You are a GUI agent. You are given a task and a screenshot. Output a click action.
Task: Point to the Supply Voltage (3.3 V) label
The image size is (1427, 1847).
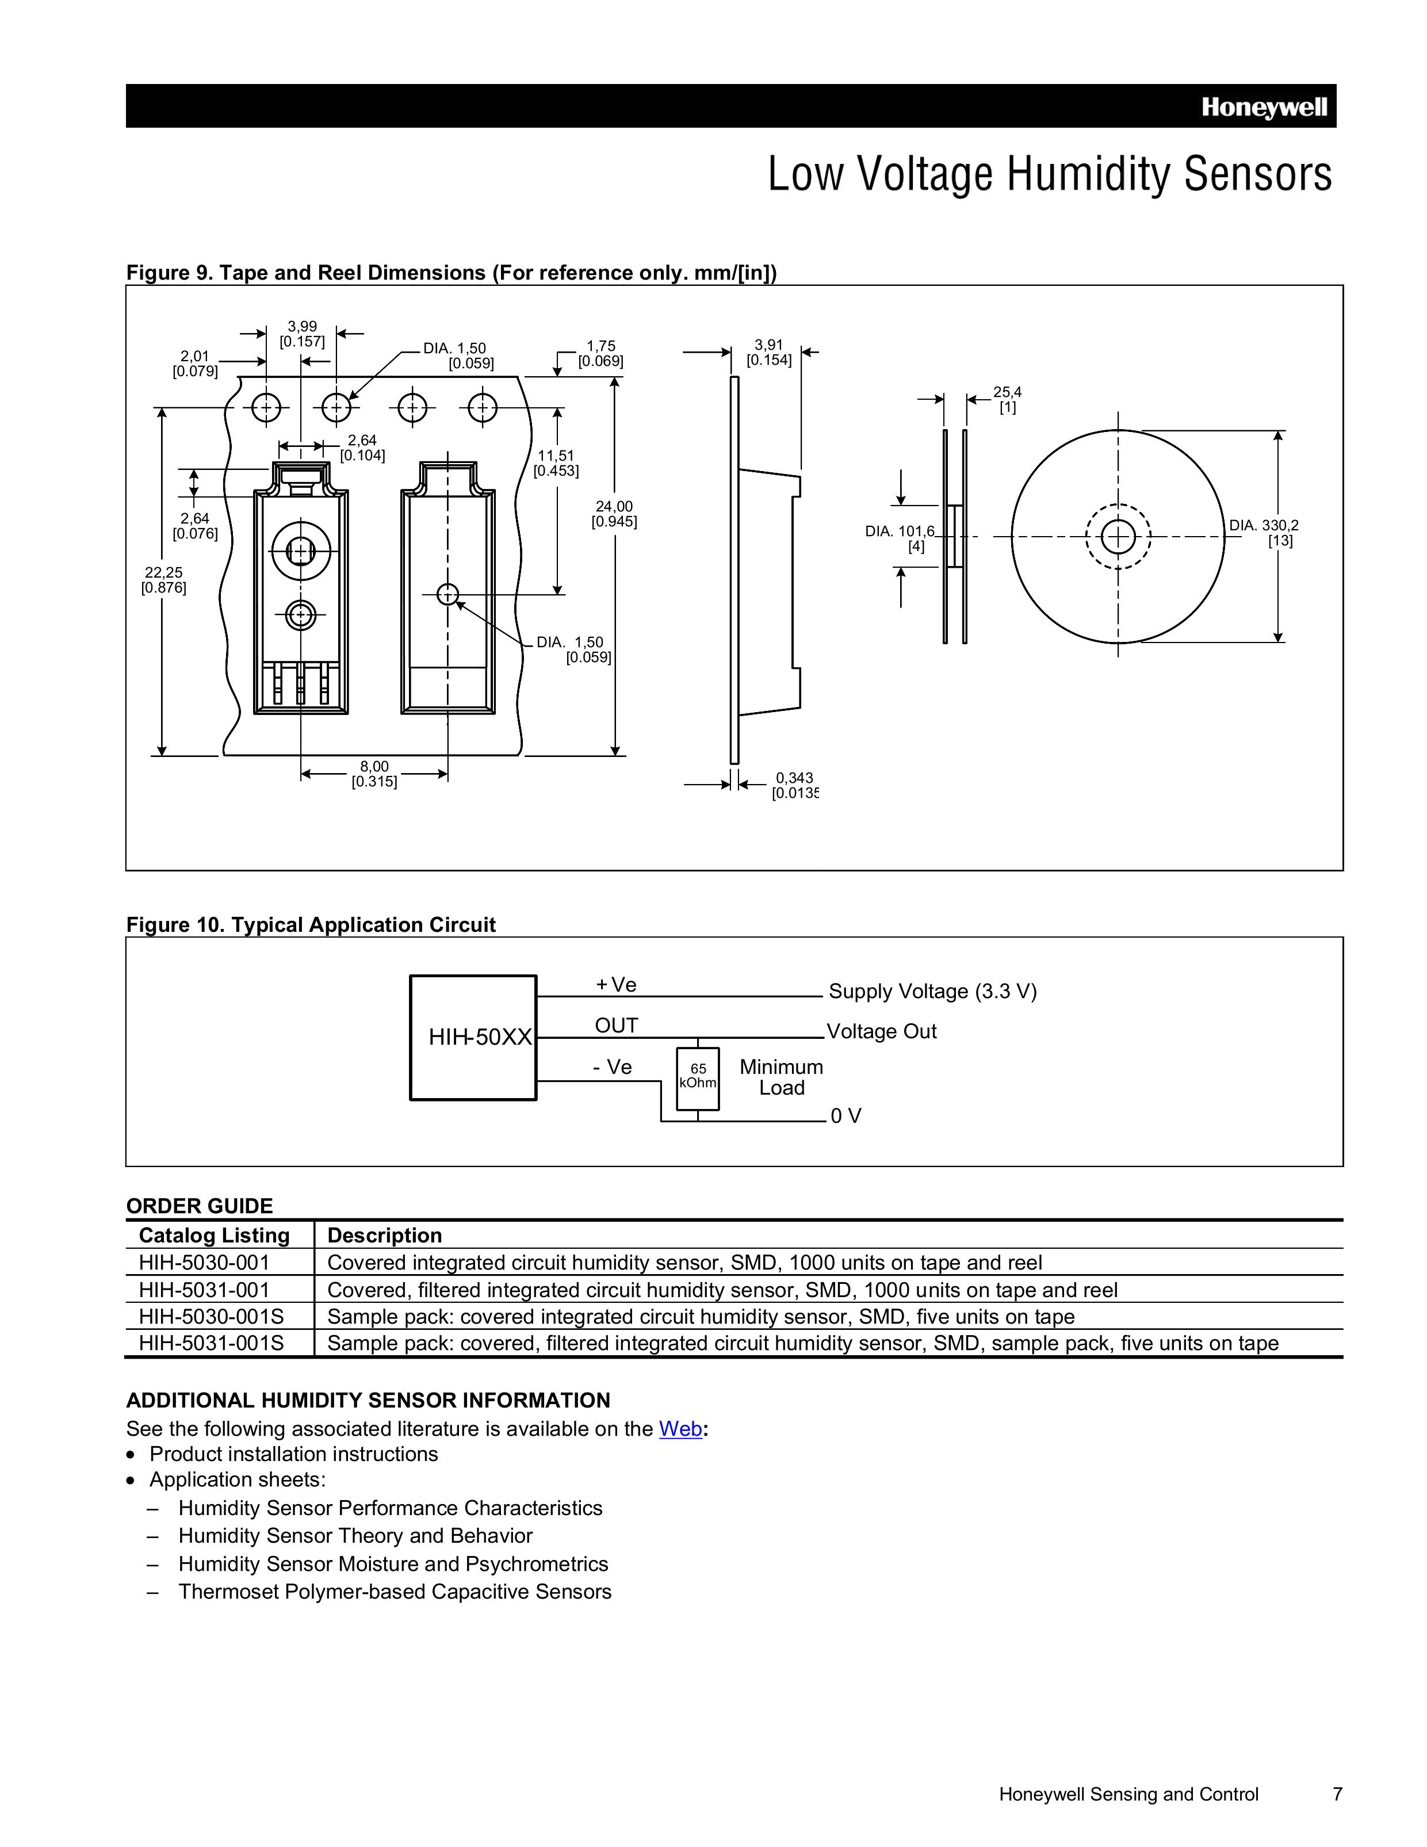coord(932,991)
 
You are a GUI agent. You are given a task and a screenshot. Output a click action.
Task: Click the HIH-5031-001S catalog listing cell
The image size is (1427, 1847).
coord(212,1343)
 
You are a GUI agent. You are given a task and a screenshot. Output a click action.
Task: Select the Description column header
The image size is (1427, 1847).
coord(384,1236)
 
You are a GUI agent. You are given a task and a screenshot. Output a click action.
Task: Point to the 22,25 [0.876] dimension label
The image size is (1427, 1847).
coord(163,580)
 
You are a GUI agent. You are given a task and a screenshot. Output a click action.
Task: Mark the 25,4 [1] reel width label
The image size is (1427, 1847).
coord(1007,399)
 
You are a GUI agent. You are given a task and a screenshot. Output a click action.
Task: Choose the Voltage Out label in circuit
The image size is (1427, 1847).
coord(881,1031)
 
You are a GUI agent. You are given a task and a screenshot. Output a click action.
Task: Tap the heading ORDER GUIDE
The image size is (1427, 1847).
coord(200,1206)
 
